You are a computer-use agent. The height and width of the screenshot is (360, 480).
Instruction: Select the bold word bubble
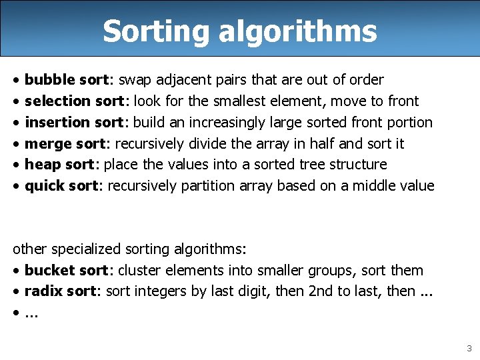click(49, 80)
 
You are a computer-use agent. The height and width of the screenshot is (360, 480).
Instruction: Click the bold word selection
click(57, 101)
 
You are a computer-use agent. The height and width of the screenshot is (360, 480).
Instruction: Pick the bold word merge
click(48, 144)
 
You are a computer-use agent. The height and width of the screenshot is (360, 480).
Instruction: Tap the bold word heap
click(42, 165)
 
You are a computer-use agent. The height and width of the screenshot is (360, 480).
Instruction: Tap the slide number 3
click(469, 348)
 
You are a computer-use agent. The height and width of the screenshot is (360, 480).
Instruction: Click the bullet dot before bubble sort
click(16, 81)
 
